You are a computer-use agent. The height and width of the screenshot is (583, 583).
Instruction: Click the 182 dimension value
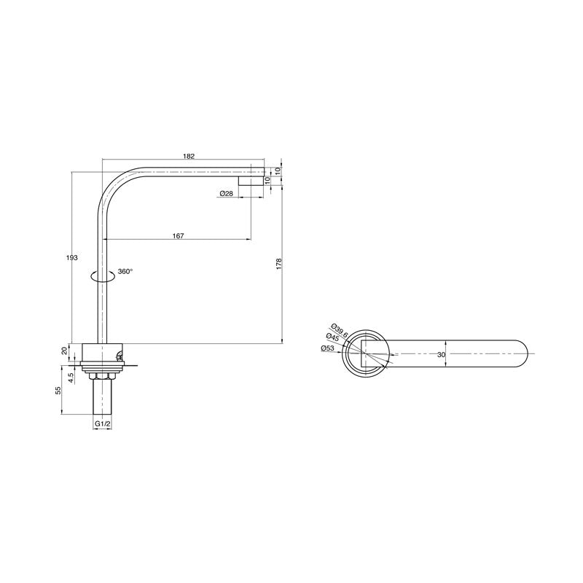pos(189,155)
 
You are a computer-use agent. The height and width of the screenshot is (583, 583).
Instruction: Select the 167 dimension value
pos(179,235)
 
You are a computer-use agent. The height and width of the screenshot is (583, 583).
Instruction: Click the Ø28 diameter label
pos(226,193)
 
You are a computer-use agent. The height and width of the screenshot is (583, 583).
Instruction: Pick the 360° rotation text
pos(125,271)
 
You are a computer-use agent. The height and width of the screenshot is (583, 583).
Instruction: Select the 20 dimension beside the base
pos(64,351)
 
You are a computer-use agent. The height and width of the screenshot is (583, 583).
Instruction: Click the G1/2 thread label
pos(102,423)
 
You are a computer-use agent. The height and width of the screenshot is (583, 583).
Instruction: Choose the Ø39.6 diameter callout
pos(340,330)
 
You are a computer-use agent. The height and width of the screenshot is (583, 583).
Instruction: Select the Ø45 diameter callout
pos(334,338)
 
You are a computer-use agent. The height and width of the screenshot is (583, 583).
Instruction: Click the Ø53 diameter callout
pos(328,349)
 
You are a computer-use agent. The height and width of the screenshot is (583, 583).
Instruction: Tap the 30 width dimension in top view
pos(441,354)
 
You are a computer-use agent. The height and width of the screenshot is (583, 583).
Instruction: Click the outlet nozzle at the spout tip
pos(251,180)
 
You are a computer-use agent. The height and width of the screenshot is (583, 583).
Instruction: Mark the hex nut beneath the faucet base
pos(102,375)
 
